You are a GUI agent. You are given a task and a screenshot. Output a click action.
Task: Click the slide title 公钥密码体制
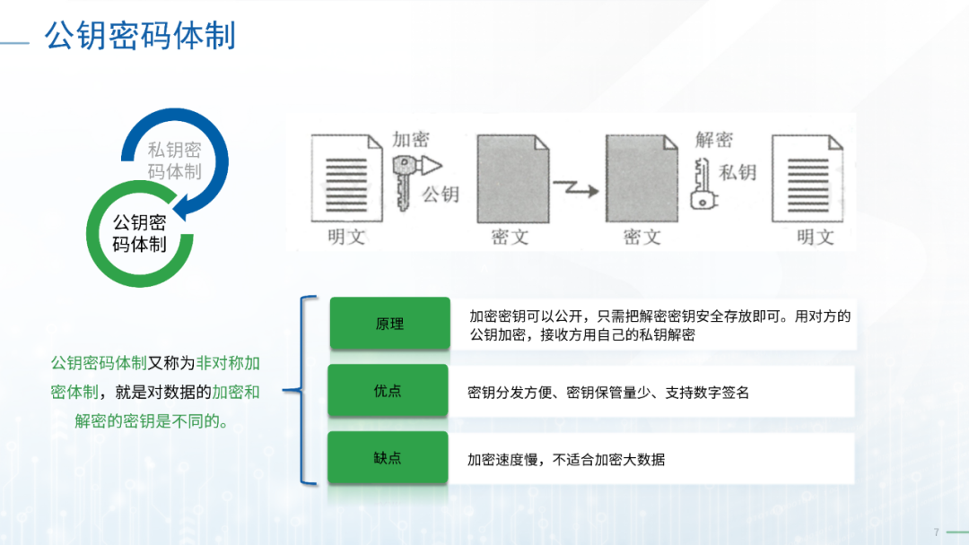(140, 35)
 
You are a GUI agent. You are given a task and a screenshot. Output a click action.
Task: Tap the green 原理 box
(389, 324)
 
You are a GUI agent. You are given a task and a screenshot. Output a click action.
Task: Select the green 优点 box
(388, 391)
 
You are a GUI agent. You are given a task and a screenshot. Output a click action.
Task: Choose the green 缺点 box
(388, 457)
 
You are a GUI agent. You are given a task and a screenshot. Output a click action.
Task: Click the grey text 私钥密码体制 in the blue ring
(174, 160)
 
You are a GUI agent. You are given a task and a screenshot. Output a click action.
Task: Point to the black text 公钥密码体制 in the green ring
(139, 233)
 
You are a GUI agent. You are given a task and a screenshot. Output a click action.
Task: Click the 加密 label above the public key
(411, 140)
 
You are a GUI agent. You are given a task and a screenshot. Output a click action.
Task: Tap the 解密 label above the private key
(714, 140)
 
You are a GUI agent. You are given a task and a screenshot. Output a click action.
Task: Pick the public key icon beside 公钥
(413, 180)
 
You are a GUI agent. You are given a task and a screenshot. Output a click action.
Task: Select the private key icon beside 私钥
(703, 184)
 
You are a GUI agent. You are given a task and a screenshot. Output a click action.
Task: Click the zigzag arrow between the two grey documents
(576, 189)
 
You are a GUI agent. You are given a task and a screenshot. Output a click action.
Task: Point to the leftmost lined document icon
(346, 178)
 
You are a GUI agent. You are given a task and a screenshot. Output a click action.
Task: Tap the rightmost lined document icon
(807, 178)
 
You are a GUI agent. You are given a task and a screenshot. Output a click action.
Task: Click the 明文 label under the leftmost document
(346, 237)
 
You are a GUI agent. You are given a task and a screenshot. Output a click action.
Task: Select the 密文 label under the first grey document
(510, 237)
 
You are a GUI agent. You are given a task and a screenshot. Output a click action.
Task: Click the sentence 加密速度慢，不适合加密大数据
(566, 460)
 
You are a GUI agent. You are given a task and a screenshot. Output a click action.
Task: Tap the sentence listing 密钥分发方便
(608, 393)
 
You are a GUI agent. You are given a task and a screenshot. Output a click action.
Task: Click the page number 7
(936, 532)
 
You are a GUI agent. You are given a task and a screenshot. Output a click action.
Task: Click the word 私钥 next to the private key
(738, 172)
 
